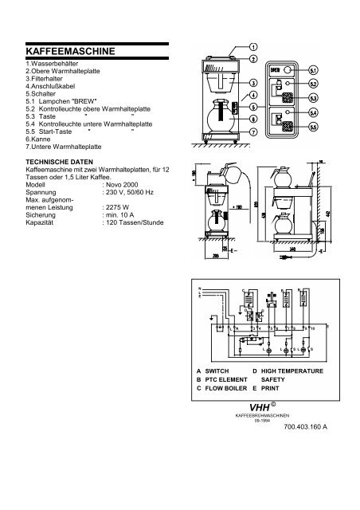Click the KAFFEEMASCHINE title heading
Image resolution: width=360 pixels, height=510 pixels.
click(70, 51)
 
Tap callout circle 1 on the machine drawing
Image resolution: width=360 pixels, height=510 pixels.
click(252, 46)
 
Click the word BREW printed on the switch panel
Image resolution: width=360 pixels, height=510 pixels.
click(274, 70)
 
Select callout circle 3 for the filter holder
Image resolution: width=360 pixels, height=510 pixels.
click(252, 83)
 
